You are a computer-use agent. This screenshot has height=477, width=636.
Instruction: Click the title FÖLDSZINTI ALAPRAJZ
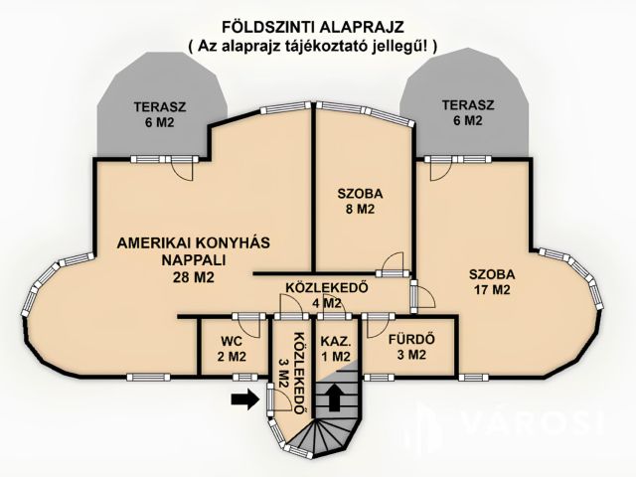coord(313,27)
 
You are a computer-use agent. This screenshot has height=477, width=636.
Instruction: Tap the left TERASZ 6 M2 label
coord(160,114)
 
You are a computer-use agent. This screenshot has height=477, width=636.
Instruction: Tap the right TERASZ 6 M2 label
coord(468,112)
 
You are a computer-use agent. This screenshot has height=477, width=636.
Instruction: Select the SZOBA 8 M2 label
coord(360,201)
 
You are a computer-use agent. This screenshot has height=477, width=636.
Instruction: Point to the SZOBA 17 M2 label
coord(492,282)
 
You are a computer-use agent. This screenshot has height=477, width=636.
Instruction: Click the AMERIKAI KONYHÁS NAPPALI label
coord(194,259)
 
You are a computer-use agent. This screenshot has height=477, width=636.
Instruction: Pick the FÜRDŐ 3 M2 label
coord(411,347)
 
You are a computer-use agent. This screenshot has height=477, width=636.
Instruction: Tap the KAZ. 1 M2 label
coord(335,349)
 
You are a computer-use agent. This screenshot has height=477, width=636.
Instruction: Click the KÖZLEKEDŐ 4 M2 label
coord(327,296)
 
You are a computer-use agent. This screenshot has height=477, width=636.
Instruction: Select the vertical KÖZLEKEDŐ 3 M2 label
coord(293,374)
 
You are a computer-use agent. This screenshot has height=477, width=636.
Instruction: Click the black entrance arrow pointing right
coord(245,399)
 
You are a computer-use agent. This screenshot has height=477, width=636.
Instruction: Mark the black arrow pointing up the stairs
coord(334,397)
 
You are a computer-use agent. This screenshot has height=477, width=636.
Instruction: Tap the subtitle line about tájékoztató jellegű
coord(313,46)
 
